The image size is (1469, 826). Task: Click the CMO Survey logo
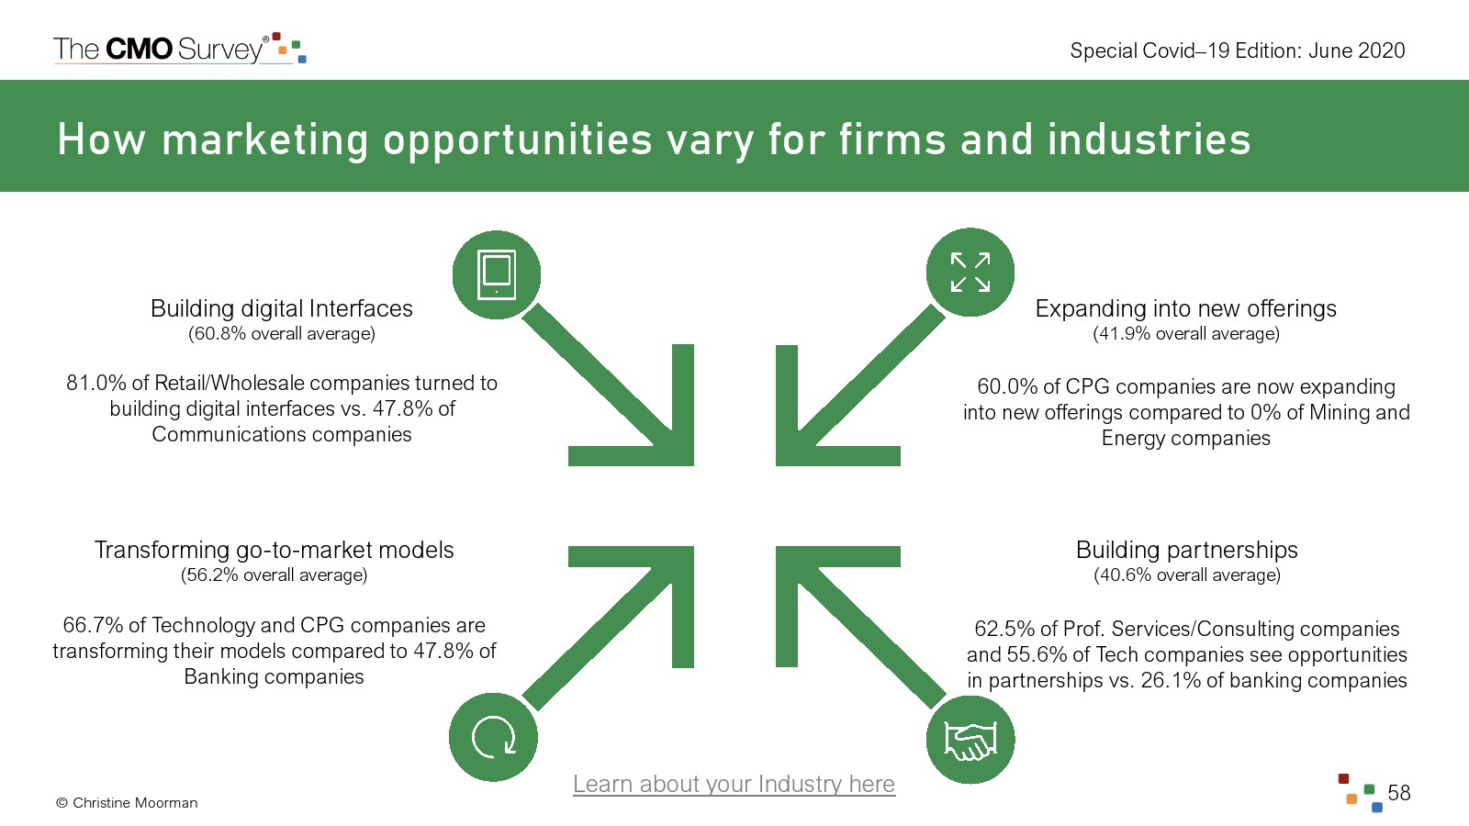tap(179, 49)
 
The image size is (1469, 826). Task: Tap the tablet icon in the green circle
tap(497, 274)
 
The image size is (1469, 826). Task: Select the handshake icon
tap(970, 740)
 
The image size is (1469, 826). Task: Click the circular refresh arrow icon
tap(494, 737)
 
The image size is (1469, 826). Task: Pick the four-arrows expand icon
tap(970, 273)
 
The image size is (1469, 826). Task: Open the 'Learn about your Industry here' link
tap(734, 784)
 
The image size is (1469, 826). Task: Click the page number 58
tap(1398, 793)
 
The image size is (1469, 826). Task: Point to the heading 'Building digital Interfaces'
tap(282, 308)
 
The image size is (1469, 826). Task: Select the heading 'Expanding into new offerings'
tap(1185, 308)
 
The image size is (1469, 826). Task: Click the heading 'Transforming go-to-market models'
tap(274, 550)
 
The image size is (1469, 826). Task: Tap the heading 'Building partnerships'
tap(1186, 550)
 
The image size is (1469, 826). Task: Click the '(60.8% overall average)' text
tap(282, 334)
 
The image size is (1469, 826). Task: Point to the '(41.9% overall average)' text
tap(1185, 334)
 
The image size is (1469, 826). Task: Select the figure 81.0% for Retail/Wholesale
tap(95, 384)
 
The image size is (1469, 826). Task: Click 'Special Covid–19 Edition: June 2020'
tap(1237, 50)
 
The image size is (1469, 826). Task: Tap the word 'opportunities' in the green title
tap(517, 140)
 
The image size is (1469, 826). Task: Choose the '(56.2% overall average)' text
tap(274, 575)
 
